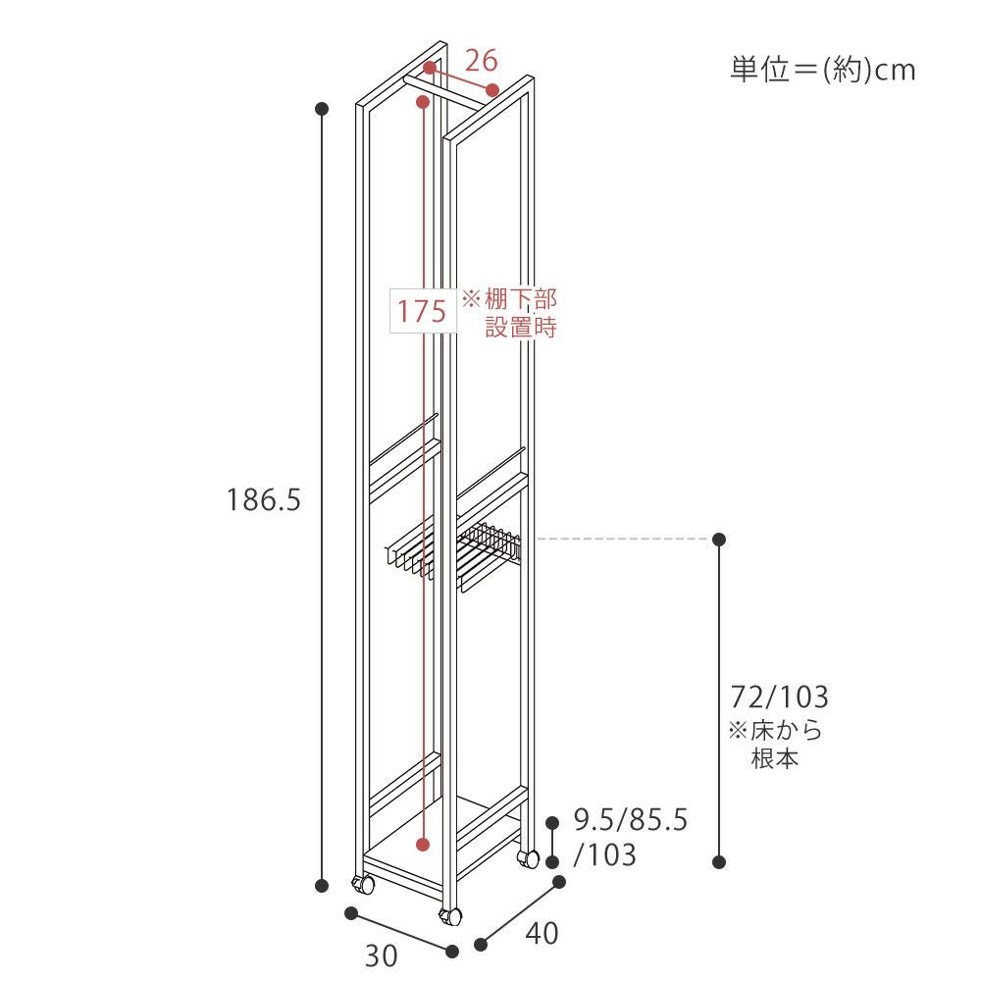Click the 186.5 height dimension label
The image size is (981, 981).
pos(263,500)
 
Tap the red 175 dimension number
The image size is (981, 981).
pos(422,311)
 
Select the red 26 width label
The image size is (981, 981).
pos(481,61)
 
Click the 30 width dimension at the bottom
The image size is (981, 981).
pos(381,955)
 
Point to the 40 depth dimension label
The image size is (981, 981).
pos(542,934)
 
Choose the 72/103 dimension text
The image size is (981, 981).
pos(779,697)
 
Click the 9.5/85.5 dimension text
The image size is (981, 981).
pos(631,819)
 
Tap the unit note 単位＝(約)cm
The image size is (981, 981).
pos(823,70)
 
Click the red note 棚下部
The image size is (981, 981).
pos(521,299)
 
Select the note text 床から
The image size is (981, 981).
pos(787,730)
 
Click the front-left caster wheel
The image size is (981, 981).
pos(362,885)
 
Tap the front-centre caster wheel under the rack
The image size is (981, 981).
pos(450,917)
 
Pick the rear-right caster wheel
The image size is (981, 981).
pos(528,858)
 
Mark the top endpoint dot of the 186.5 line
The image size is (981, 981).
pos(322,109)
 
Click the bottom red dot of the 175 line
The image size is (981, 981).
pos(424,845)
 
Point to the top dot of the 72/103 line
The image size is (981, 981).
pos(719,539)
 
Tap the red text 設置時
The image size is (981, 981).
pos(521,328)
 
